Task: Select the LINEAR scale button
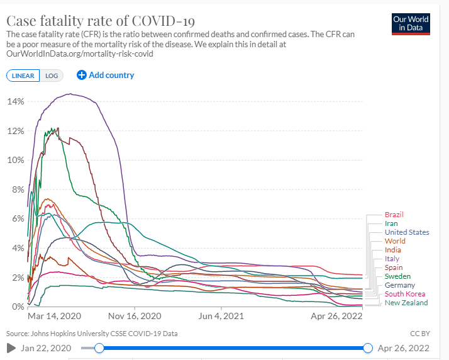click(x=23, y=76)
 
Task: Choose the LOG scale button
click(x=51, y=76)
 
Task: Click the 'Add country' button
click(x=106, y=75)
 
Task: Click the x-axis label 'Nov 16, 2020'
click(x=135, y=317)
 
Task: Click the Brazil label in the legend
click(x=394, y=215)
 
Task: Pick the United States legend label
click(x=407, y=232)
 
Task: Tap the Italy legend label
click(x=392, y=259)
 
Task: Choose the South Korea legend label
click(x=404, y=294)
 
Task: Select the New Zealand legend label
click(x=406, y=303)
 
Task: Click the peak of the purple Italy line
click(x=70, y=94)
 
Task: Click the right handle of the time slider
click(x=368, y=348)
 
